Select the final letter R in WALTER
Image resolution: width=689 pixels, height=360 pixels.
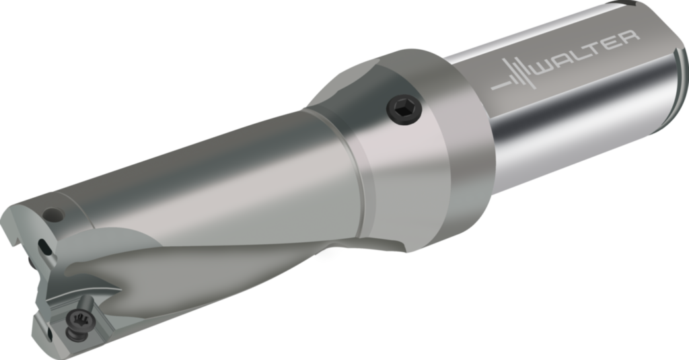628,38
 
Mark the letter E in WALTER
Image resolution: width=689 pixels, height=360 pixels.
612,44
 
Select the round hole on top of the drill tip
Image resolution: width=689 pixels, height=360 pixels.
51,215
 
